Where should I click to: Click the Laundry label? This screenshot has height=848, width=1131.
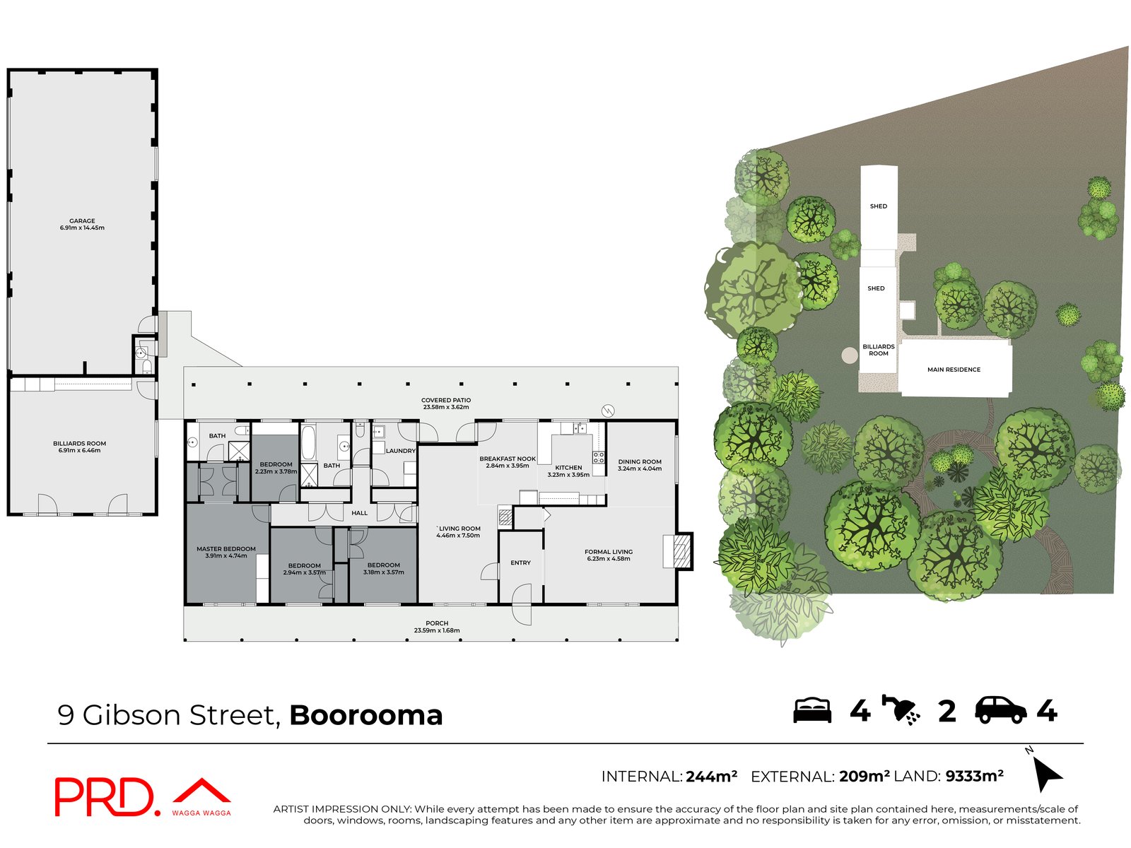click(400, 451)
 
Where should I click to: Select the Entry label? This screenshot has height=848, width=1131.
click(520, 563)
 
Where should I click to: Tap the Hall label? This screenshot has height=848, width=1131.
click(360, 513)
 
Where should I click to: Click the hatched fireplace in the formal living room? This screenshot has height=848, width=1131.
click(682, 551)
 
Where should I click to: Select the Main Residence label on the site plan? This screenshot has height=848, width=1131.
click(954, 370)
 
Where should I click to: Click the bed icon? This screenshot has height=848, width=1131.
click(812, 710)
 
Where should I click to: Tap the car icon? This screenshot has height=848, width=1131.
click(1000, 710)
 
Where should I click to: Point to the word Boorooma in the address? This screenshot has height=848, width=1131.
click(365, 715)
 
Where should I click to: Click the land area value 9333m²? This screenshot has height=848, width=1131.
click(974, 776)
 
